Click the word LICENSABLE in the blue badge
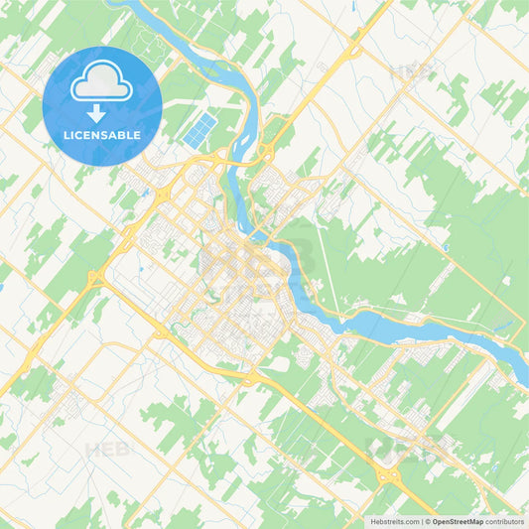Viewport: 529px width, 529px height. [102, 134]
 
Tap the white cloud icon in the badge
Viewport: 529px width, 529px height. [102, 84]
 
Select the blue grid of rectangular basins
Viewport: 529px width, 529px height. [199, 130]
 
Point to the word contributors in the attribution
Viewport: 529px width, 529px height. [506, 521]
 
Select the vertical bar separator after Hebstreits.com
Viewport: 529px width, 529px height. [424, 521]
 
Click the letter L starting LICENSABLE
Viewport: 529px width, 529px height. [66, 134]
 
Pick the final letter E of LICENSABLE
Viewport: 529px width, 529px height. [137, 134]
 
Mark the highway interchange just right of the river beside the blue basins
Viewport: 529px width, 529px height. [266, 153]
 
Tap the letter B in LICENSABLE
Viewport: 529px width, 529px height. [123, 134]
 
